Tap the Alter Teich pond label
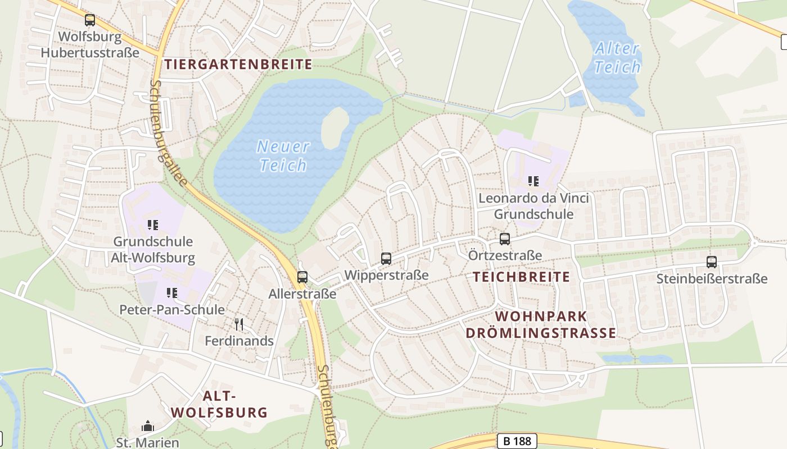point(617,58)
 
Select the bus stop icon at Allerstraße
point(302,277)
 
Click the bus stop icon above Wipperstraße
point(386,258)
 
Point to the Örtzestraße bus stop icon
point(505,239)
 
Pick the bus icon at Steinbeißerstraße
point(712,262)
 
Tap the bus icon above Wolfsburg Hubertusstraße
point(90,20)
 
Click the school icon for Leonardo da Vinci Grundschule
point(533,181)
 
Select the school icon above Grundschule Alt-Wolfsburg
point(153,225)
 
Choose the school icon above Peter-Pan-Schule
point(172,292)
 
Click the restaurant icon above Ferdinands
point(239,324)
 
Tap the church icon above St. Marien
point(148,427)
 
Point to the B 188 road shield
point(517,441)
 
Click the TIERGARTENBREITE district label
point(238,64)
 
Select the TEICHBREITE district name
point(521,277)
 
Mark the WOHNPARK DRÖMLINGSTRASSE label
point(541,325)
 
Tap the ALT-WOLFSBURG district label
point(219,404)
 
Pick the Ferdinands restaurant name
point(239,341)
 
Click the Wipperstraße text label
point(386,275)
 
